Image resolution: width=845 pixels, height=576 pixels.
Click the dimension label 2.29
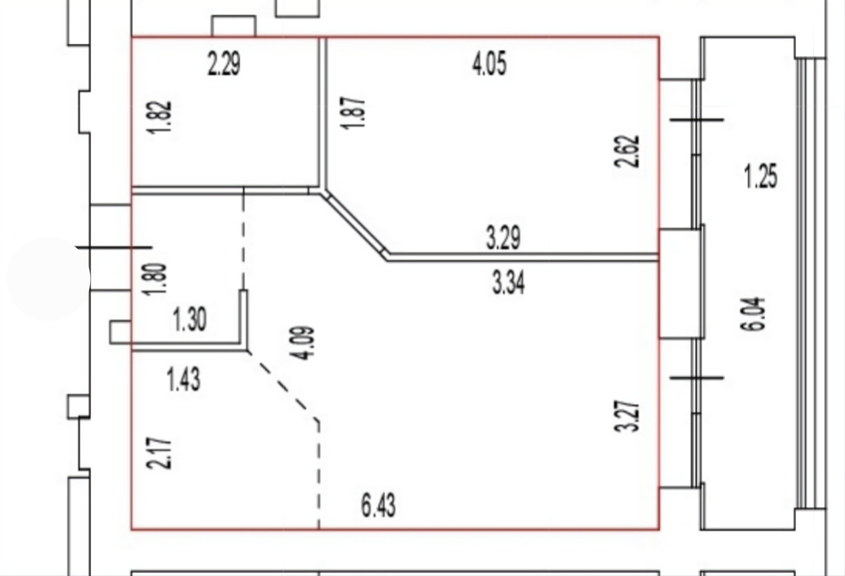click(224, 64)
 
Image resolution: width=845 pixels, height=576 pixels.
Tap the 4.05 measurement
click(490, 64)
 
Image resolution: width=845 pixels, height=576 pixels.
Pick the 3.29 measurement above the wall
click(503, 237)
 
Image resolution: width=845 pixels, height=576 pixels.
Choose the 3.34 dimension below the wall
click(509, 283)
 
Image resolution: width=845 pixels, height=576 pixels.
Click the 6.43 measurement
click(378, 506)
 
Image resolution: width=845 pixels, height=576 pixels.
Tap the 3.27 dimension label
click(630, 416)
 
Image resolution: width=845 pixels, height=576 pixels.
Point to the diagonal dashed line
click(284, 386)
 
